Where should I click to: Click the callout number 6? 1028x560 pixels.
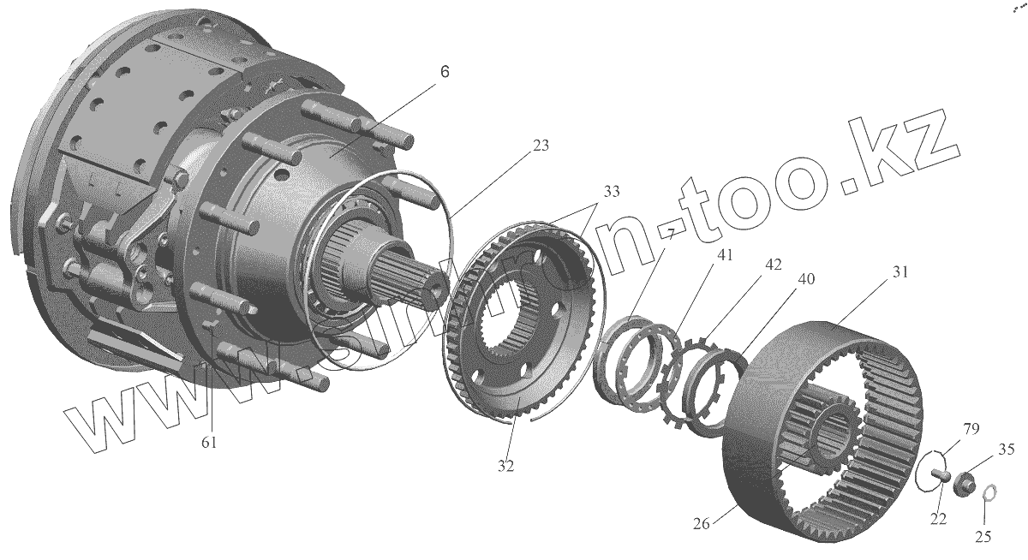(444, 72)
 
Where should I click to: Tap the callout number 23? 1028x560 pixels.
(540, 146)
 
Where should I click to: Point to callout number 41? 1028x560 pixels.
(703, 254)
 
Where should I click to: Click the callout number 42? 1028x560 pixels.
(773, 265)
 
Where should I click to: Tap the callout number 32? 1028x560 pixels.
(506, 467)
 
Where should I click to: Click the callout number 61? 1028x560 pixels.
(209, 442)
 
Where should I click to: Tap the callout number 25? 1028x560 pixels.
(984, 537)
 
